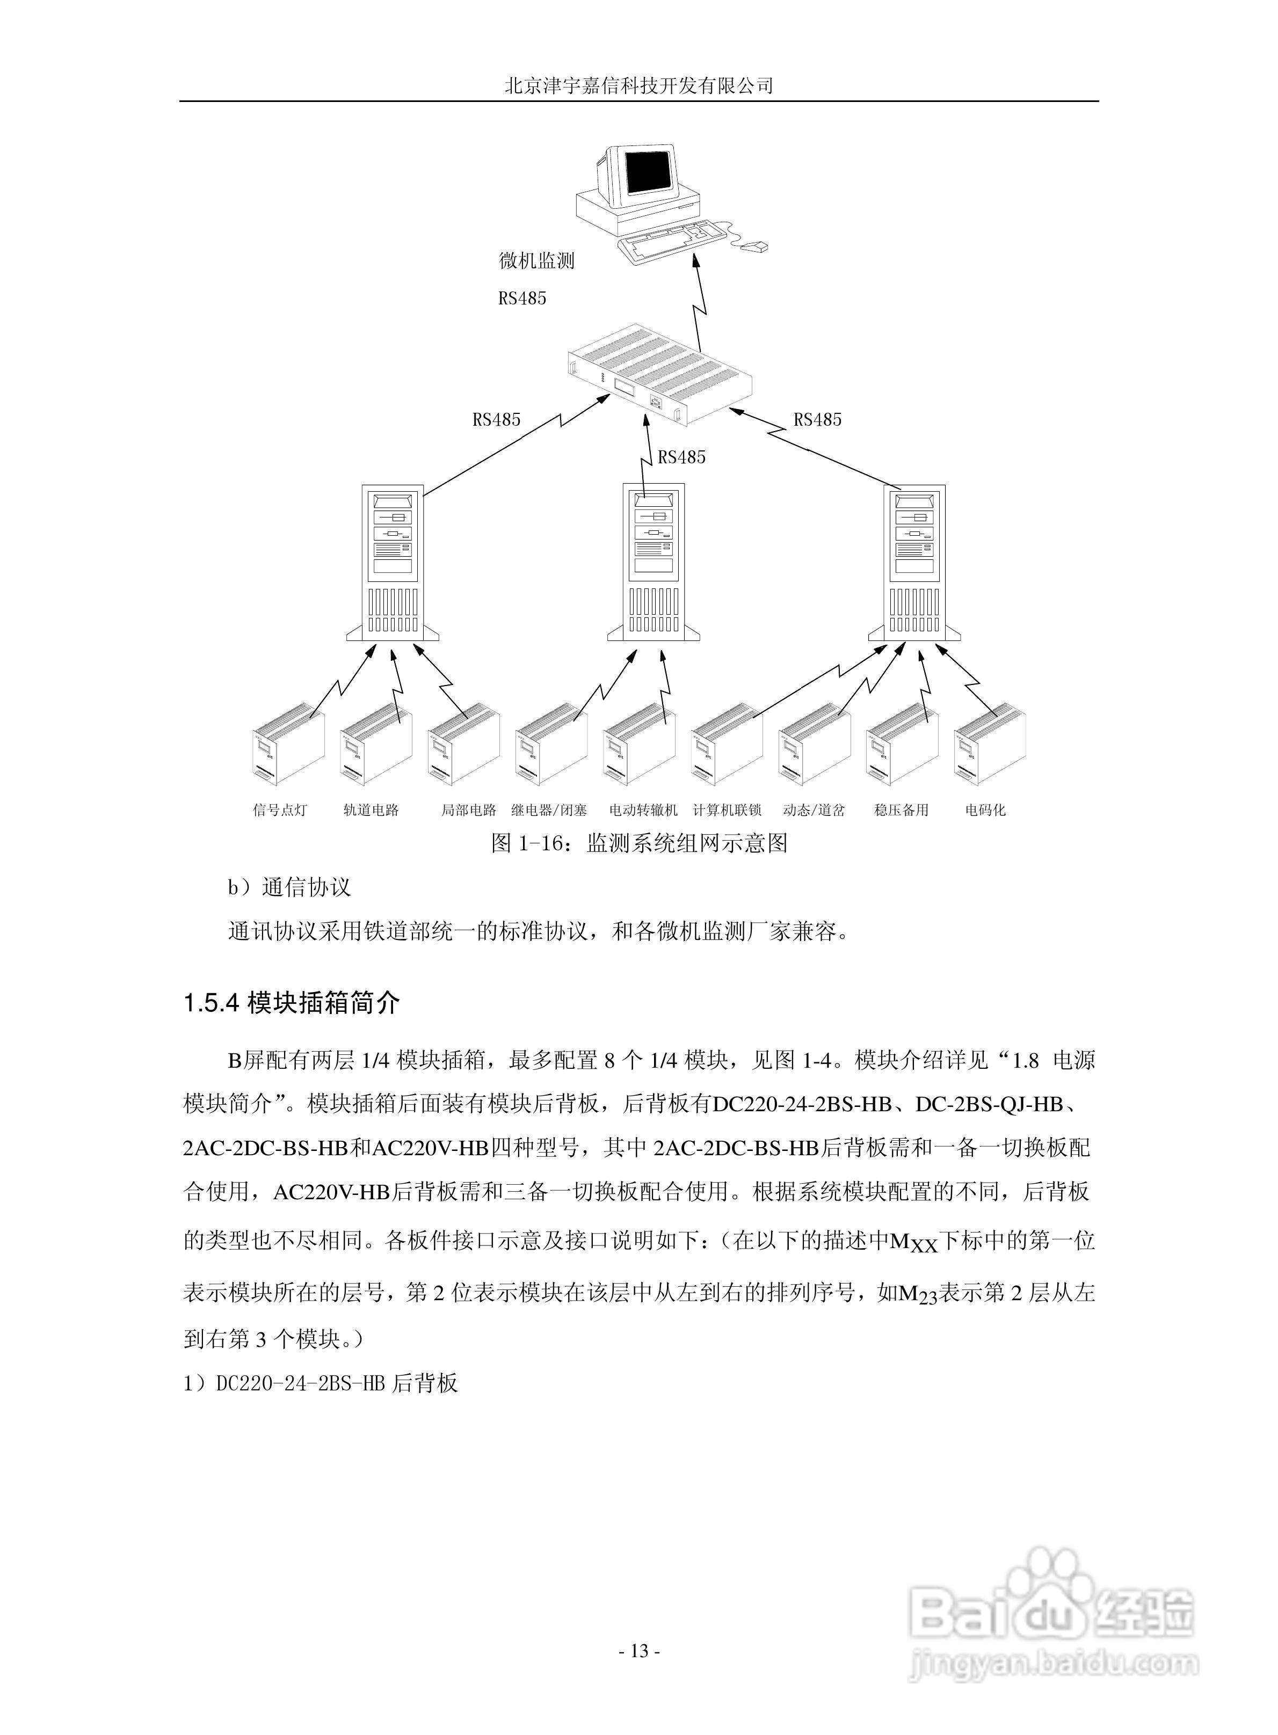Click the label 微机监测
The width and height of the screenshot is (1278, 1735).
[x=537, y=260]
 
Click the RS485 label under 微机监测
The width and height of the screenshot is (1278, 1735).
[x=522, y=298]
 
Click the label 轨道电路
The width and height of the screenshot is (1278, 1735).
[x=372, y=810]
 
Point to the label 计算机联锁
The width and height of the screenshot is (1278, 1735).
[x=727, y=810]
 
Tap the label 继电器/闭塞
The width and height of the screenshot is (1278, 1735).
[x=549, y=810]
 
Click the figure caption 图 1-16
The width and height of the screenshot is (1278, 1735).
[x=639, y=843]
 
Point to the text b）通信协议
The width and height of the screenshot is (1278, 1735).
[x=288, y=887]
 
